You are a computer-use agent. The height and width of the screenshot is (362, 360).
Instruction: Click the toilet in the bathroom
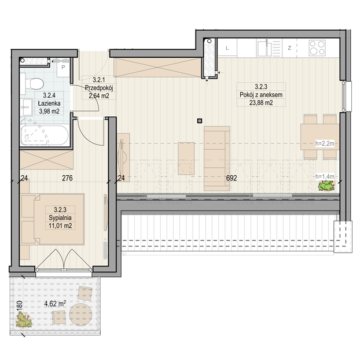pos(32,84)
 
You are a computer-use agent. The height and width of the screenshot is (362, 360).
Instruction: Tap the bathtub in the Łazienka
pos(45,135)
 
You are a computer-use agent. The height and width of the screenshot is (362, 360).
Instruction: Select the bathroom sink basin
pos(27,107)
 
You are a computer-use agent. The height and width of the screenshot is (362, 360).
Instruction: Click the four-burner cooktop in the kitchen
pos(317,48)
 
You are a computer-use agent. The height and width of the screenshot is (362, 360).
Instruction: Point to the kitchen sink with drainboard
pos(269,48)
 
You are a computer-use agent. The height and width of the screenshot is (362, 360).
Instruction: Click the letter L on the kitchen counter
pos(227,48)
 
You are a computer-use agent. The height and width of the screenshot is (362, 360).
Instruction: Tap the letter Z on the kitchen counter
pos(289,48)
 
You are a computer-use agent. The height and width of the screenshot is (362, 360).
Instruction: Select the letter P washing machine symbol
pos(63,68)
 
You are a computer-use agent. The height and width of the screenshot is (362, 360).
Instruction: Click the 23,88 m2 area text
pos(261,102)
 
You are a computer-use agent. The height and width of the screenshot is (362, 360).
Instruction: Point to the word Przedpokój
pos(98,88)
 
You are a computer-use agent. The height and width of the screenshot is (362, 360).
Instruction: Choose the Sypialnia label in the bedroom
pos(60,217)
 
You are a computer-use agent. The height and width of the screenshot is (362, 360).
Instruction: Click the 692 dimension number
pos(232,178)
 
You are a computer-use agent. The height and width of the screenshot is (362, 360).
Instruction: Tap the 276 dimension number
pos(67,178)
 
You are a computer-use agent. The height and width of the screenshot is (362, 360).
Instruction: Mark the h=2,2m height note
pos(325,143)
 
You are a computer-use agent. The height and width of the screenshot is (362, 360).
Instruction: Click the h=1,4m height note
pos(325,176)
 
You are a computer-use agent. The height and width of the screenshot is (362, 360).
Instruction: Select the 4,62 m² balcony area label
pos(55,304)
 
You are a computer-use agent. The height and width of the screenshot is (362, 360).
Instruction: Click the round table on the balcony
pos(80,314)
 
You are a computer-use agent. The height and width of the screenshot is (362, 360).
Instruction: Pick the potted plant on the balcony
pos(23,320)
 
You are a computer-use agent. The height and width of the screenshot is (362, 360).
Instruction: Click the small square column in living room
pos(200,121)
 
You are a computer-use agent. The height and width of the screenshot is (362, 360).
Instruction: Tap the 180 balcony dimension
pos(20,305)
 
